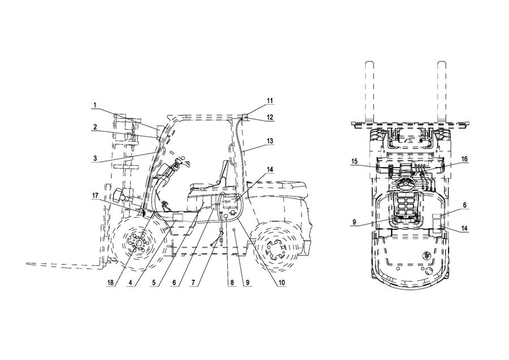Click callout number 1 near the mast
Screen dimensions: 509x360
95,105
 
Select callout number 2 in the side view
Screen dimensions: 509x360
95,127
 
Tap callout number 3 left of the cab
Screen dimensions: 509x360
95,158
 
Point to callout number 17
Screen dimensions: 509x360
95,196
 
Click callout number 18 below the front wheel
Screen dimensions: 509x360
111,282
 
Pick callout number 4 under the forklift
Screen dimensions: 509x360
131,282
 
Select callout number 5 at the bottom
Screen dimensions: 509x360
154,282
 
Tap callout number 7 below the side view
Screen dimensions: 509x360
193,282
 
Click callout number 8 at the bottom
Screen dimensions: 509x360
232,282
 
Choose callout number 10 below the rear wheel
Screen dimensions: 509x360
282,282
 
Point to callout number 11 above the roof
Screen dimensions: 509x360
270,101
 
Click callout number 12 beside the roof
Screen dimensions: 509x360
270,117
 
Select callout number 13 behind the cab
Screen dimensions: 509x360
270,142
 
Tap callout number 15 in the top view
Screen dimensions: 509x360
354,161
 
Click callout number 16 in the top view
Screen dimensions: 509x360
464,159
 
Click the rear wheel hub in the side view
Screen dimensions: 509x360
276,248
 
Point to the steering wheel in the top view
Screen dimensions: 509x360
405,185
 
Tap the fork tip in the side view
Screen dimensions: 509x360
27,264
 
